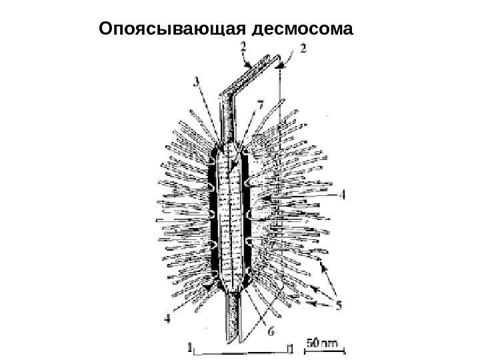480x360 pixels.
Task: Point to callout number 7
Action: pos(260,105)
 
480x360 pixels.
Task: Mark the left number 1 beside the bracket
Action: pos(190,347)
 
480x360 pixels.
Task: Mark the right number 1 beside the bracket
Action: pos(290,347)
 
